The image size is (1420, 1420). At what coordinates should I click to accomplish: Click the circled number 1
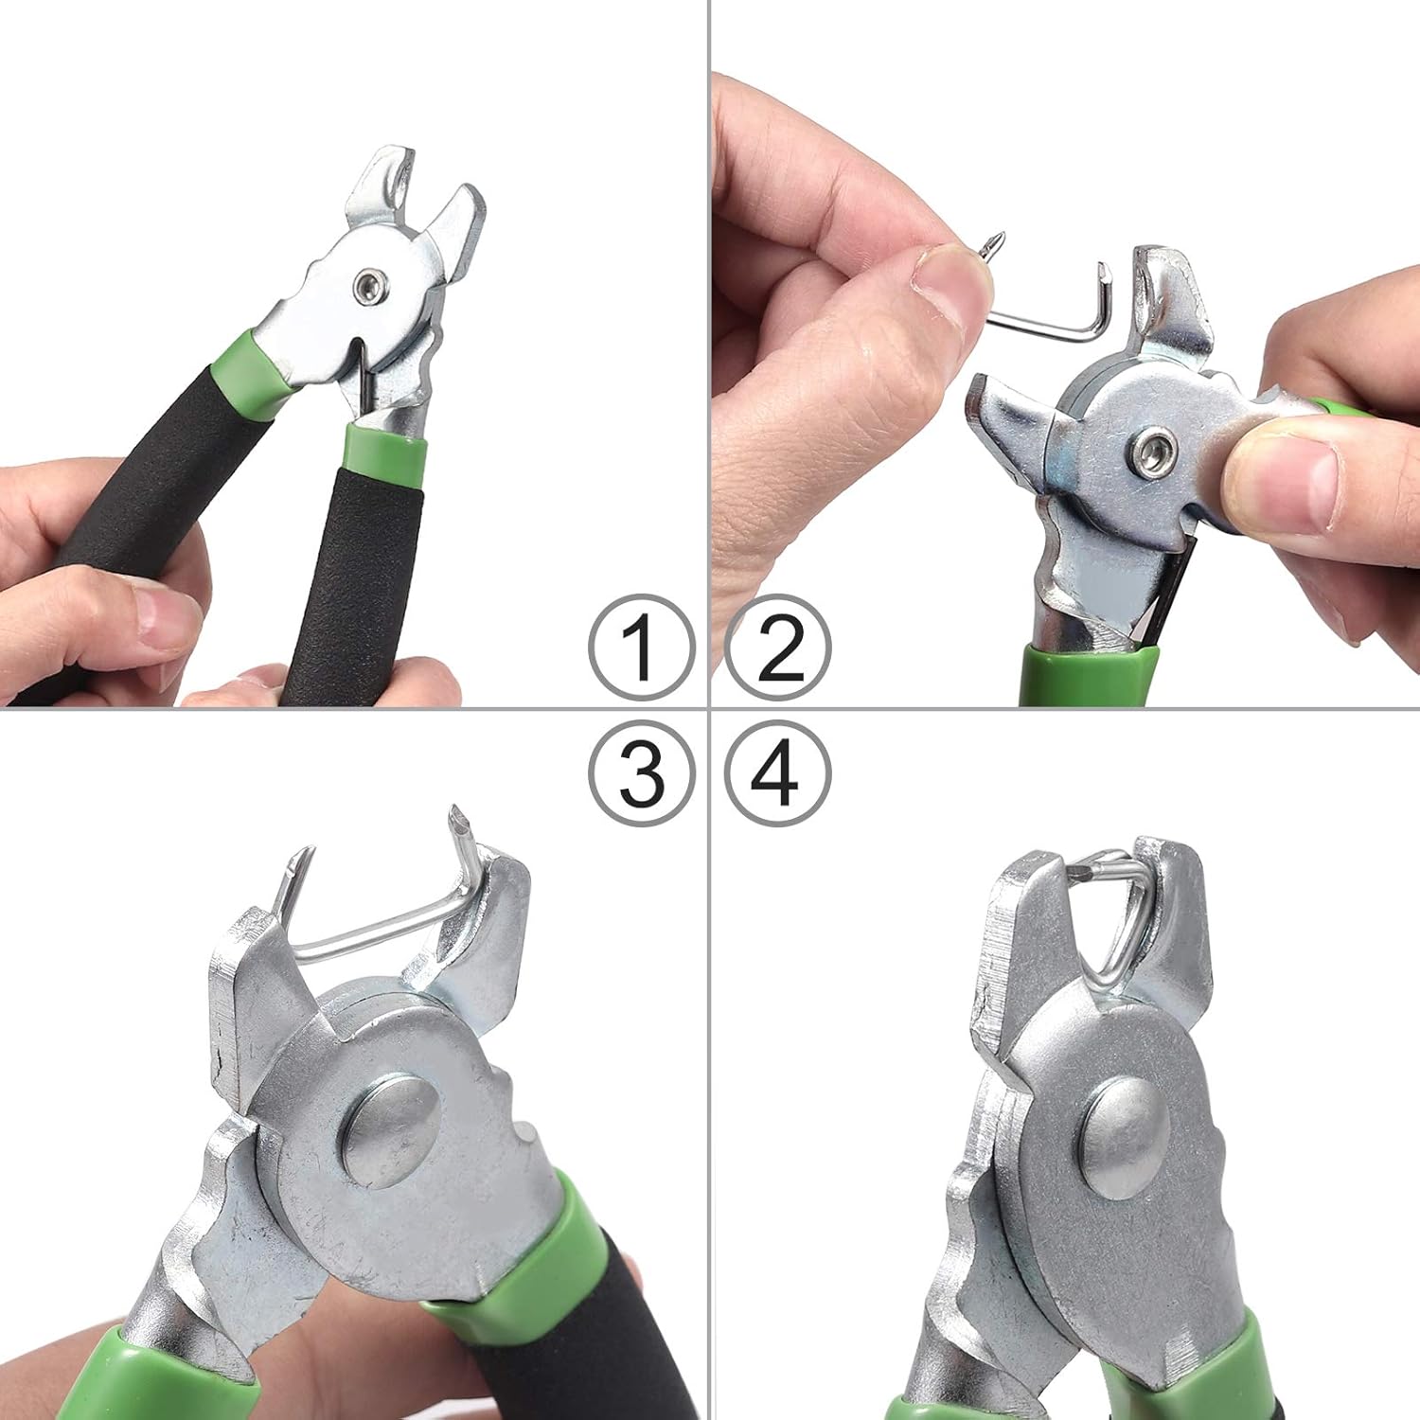641,648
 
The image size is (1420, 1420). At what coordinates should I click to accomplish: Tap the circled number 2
778,648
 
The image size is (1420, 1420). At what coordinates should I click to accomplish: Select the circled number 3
641,773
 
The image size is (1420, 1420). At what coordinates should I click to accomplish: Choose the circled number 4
778,773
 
